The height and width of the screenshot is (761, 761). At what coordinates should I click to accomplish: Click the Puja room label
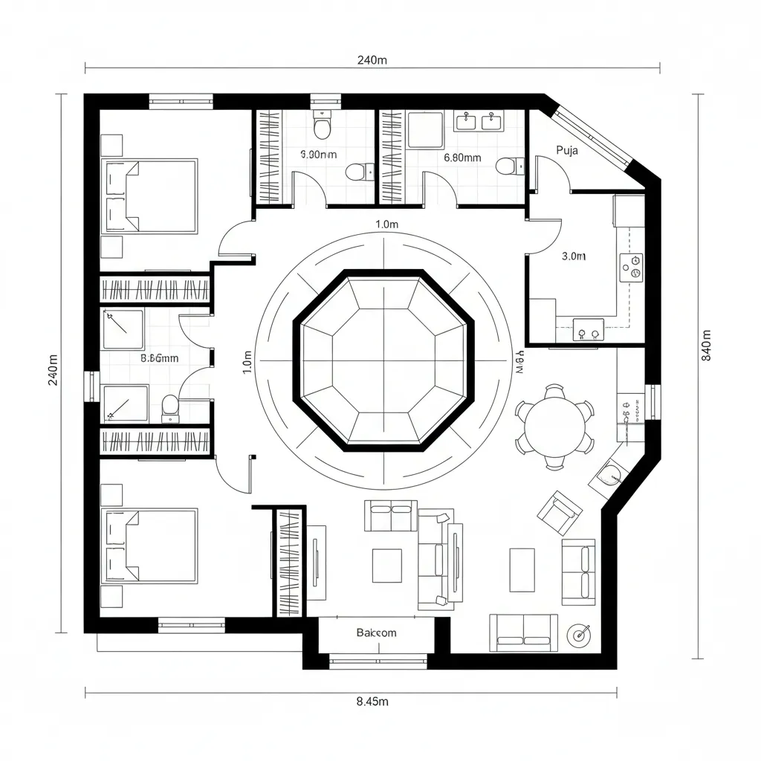[566, 149]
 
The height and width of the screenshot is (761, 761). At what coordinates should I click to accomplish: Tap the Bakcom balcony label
[376, 632]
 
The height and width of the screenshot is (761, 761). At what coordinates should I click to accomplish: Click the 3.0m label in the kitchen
[574, 256]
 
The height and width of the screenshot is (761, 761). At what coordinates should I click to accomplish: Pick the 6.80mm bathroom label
[462, 158]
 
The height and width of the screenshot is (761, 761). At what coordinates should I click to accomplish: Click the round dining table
[554, 425]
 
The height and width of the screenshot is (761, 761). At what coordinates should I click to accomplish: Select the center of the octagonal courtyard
[383, 360]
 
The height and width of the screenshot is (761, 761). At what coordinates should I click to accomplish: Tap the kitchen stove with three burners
[632, 266]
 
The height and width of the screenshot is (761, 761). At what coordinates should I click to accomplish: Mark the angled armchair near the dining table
[560, 513]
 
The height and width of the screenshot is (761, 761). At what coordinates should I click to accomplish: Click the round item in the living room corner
[579, 634]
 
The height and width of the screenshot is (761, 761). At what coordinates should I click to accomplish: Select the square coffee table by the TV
[386, 566]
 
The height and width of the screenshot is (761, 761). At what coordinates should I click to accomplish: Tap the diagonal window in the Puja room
[593, 137]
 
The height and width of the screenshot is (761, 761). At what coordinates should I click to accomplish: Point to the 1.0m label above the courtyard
[387, 224]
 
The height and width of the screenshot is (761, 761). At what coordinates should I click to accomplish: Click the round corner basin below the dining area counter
[610, 473]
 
